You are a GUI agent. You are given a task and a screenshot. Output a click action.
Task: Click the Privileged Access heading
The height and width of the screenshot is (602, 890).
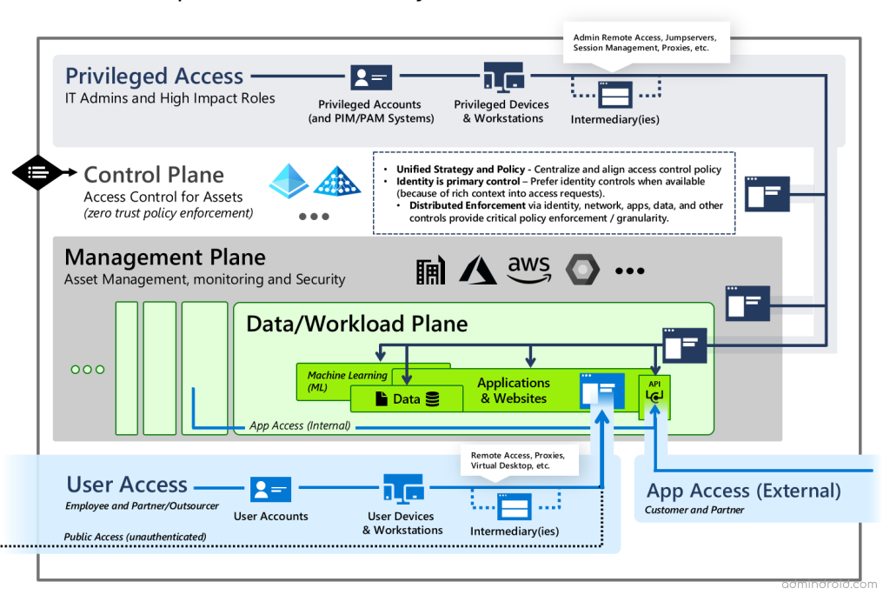click(154, 77)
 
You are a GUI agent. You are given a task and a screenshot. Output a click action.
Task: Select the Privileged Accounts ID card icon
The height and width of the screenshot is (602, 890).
click(371, 78)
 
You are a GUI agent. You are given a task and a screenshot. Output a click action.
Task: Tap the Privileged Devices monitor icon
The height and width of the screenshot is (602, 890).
click(503, 78)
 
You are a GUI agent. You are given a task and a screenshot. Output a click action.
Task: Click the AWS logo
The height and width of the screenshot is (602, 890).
click(529, 270)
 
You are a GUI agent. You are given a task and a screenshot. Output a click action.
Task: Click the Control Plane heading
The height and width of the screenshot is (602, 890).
click(154, 175)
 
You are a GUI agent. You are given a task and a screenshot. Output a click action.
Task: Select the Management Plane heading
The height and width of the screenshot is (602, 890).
click(165, 258)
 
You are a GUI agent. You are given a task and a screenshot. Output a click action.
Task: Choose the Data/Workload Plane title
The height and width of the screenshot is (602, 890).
click(357, 324)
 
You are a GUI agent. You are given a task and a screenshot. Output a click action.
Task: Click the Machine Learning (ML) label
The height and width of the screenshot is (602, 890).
click(348, 381)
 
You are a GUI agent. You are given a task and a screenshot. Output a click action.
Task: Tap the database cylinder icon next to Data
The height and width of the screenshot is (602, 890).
click(432, 399)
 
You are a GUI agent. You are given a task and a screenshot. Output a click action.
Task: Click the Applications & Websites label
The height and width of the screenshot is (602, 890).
click(514, 391)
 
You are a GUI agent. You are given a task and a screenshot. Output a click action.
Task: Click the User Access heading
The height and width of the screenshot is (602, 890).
click(127, 485)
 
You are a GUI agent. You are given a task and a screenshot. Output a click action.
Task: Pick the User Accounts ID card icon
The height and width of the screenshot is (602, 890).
click(271, 489)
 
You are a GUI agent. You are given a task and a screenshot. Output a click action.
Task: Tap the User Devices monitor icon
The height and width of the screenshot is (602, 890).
click(402, 489)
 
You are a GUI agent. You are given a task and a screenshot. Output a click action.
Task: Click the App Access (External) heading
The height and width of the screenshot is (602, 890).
click(743, 491)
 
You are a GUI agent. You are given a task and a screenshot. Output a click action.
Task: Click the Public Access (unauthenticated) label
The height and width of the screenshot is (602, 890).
click(135, 537)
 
